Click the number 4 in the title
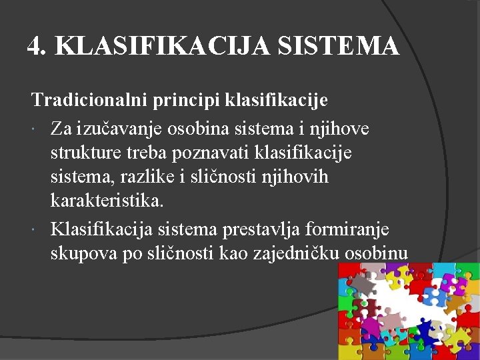pos(34,45)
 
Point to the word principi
pos(189,101)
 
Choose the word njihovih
pos(295,177)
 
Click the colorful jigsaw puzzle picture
pos(408,311)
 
